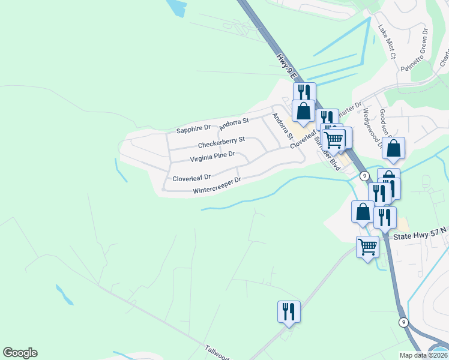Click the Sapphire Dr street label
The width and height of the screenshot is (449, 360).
pyautogui.click(x=193, y=128)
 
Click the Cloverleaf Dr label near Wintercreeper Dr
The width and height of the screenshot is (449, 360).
pyautogui.click(x=191, y=178)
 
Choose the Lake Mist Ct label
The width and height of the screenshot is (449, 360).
pyautogui.click(x=385, y=41)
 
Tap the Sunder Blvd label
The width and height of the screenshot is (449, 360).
pyautogui.click(x=331, y=157)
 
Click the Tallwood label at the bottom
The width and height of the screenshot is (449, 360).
pyautogui.click(x=217, y=353)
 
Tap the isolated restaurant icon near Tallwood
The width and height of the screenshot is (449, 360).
pyautogui.click(x=289, y=311)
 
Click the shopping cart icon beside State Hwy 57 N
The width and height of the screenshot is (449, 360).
pyautogui.click(x=367, y=246)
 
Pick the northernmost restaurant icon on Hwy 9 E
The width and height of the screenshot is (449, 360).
pyautogui.click(x=304, y=92)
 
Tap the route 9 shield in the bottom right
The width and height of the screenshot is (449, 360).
pyautogui.click(x=404, y=322)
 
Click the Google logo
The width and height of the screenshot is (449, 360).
pyautogui.click(x=20, y=353)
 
